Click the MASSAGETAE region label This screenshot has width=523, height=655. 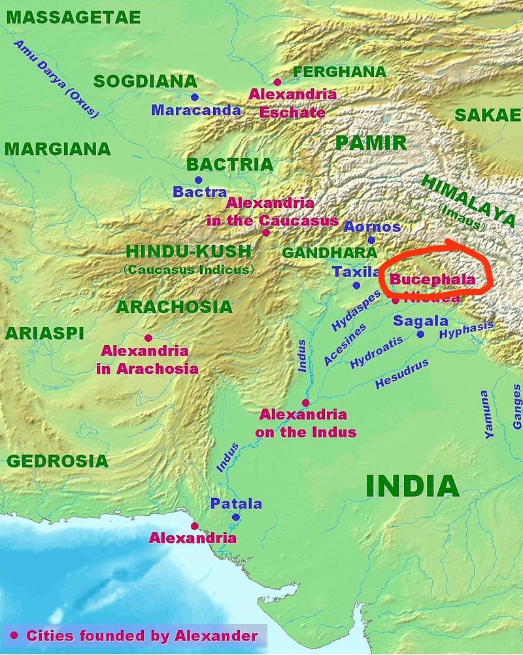pyautogui.click(x=73, y=18)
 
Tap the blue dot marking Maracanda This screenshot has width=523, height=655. pyautogui.click(x=194, y=97)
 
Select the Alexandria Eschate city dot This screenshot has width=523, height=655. pyautogui.click(x=277, y=82)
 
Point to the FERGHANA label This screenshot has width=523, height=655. pyautogui.click(x=340, y=72)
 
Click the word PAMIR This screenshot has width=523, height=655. pyautogui.click(x=371, y=143)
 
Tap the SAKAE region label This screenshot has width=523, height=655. pyautogui.click(x=488, y=115)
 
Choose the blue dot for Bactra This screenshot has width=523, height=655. pyautogui.click(x=198, y=180)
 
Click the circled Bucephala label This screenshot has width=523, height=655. pyautogui.click(x=432, y=279)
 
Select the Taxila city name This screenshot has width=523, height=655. pyautogui.click(x=356, y=272)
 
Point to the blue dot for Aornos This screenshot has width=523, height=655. pyautogui.click(x=371, y=240)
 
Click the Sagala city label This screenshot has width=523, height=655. pyautogui.click(x=420, y=321)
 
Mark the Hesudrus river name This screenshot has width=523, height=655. pyautogui.click(x=401, y=374)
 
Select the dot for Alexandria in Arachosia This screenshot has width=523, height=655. pyautogui.click(x=148, y=338)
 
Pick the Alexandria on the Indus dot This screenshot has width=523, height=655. pyautogui.click(x=305, y=403)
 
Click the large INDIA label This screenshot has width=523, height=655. pyautogui.click(x=412, y=486)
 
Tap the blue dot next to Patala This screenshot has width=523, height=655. pyautogui.click(x=235, y=517)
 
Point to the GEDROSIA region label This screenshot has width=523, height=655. pyautogui.click(x=58, y=461)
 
